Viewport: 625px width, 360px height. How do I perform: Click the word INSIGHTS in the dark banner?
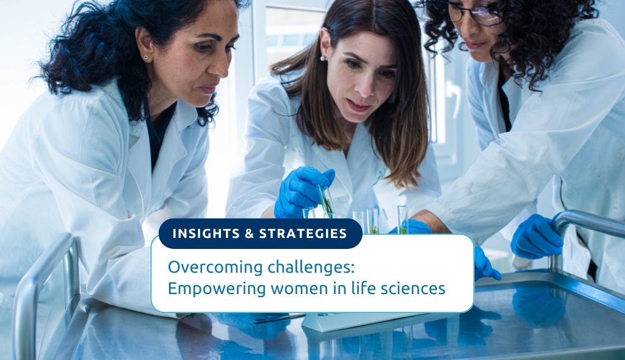click(206, 234)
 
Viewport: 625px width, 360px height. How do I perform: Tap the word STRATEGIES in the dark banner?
click(303, 234)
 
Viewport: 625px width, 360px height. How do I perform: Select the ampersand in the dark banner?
click(250, 234)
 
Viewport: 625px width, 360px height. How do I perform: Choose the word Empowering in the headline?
click(217, 289)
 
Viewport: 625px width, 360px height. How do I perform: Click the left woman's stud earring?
click(145, 57)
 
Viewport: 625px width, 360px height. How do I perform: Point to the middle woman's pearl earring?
click(322, 58)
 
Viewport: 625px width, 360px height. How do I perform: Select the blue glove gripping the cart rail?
click(536, 237)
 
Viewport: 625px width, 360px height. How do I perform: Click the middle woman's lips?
click(359, 106)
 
